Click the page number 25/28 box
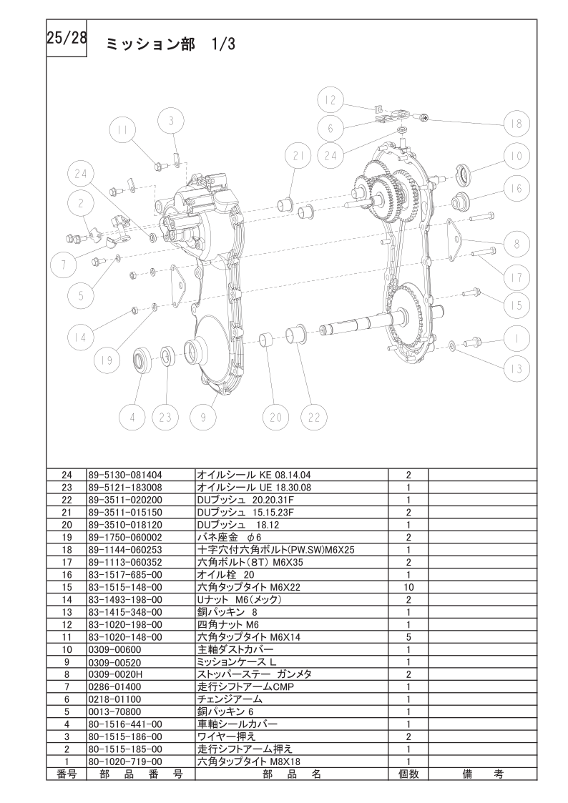pos(67,38)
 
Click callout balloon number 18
pos(516,124)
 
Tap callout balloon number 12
pos(330,100)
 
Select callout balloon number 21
pos(299,156)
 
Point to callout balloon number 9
pos(203,417)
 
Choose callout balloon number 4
pos(132,417)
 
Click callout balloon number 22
pos(314,417)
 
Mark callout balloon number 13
pos(516,368)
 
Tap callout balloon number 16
pos(516,189)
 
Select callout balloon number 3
pos(172,122)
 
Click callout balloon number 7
pos(64,265)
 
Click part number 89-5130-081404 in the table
pos(125,475)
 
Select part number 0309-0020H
pos(114,674)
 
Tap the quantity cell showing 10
pos(408,587)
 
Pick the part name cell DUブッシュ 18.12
pos(238,524)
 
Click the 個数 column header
pos(408,774)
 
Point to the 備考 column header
pos(482,774)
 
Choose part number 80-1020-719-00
pos(125,762)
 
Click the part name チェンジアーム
pos(230,699)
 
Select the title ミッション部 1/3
pos(170,44)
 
